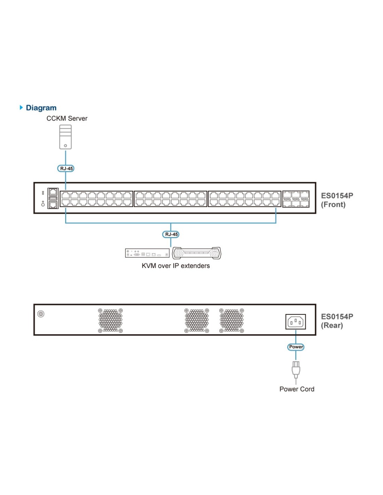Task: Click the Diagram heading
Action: pos(41,108)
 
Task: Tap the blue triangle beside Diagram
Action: pos(22,108)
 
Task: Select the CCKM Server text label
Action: pos(67,118)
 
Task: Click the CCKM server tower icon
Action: pos(65,137)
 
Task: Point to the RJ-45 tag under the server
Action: pos(65,168)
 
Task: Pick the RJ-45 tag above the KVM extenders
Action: pos(171,234)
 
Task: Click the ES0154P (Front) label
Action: pos(337,200)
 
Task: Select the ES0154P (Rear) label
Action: pos(337,321)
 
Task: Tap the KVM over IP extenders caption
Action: pos(175,266)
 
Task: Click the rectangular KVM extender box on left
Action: pos(147,253)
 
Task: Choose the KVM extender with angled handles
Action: pos(196,253)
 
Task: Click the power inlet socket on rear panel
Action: pos(296,322)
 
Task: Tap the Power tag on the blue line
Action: pos(296,347)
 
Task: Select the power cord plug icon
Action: pos(296,370)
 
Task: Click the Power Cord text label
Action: pos(297,389)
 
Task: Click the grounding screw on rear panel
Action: pos(41,314)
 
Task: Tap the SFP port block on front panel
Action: pos(296,199)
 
